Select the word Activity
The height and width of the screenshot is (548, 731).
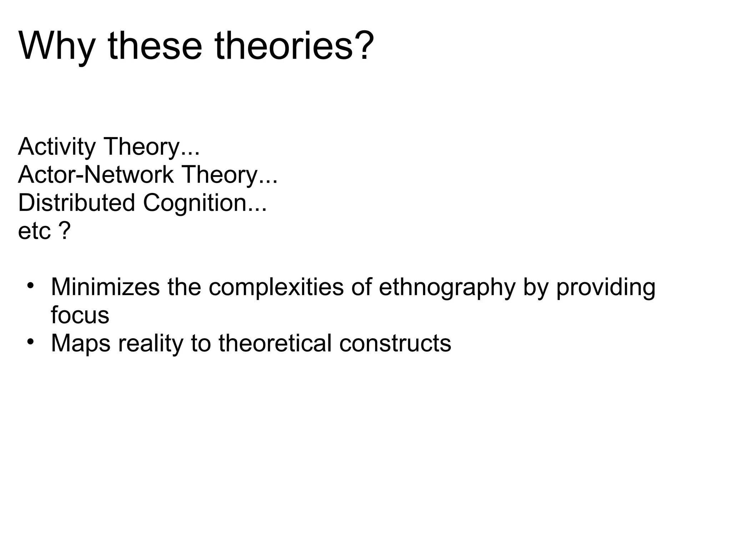(x=57, y=147)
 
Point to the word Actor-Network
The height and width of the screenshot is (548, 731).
(x=96, y=175)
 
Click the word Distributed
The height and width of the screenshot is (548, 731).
(x=76, y=203)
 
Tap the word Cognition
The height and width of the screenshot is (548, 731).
(x=195, y=203)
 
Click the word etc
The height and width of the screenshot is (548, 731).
(x=34, y=231)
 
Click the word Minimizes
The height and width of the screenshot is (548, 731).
(x=105, y=287)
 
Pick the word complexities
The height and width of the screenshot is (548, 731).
(x=276, y=287)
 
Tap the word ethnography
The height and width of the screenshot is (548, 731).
(x=447, y=288)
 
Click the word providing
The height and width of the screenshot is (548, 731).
(x=606, y=288)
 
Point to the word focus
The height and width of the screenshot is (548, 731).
(x=80, y=315)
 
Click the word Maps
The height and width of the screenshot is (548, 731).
(x=81, y=343)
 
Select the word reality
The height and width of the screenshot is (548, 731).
(x=150, y=343)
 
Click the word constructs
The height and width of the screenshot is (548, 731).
(x=395, y=343)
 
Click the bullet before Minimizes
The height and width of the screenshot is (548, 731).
(x=30, y=286)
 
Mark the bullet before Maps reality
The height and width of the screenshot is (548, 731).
(x=30, y=342)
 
